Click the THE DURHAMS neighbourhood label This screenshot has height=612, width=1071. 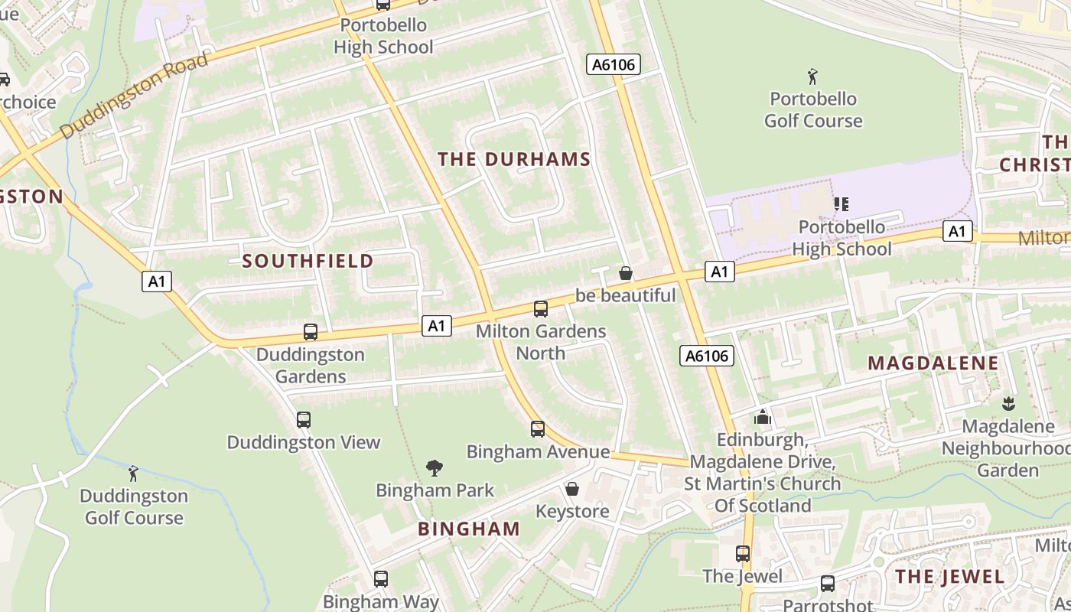coord(514,159)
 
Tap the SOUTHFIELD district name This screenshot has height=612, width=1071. coord(308,261)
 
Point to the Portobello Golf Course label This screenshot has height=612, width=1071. coord(812,109)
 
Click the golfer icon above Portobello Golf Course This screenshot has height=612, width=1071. coord(812,76)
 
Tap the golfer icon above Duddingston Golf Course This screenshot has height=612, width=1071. coord(134,474)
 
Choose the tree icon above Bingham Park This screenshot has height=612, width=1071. coord(435,467)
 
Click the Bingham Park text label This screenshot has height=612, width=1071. coord(435,490)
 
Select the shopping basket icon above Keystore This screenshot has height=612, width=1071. coord(571,488)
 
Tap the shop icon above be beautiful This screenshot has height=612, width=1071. coord(625,273)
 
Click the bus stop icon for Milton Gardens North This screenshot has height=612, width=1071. coord(540,309)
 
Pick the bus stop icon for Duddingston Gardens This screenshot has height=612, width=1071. coord(310,332)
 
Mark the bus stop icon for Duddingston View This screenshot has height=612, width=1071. coord(303,420)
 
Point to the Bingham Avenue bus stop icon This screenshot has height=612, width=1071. coord(538,429)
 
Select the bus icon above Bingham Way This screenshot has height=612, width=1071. coord(380,579)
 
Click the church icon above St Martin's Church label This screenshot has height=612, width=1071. coord(762,417)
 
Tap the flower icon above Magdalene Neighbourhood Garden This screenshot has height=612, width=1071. coord(1008,403)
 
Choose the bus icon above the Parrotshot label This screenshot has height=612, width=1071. coord(827,584)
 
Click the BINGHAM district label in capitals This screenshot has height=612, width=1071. coord(469,529)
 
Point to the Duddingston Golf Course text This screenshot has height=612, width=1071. coord(134,506)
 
